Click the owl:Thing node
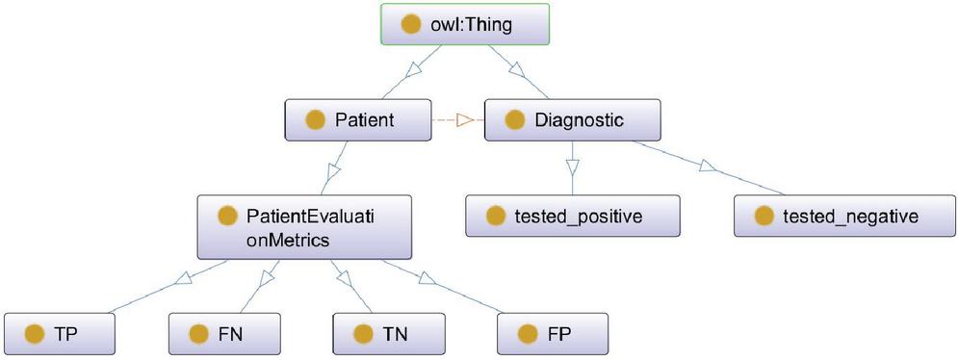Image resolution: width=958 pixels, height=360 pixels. tap(465, 24)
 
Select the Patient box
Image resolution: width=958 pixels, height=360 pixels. tap(358, 119)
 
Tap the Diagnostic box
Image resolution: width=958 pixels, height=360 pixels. tap(572, 119)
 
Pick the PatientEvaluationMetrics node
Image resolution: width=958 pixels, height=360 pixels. tap(304, 227)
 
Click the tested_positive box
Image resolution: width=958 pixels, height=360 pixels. tap(573, 216)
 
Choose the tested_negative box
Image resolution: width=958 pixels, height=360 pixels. tap(844, 216)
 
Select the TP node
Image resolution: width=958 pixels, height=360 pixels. tap(60, 334)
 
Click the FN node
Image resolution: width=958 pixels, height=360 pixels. tap(224, 334)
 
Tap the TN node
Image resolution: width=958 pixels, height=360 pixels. tap(389, 334)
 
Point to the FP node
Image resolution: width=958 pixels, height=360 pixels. tap(553, 334)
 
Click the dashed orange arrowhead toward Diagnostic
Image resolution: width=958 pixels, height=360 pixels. tap(466, 119)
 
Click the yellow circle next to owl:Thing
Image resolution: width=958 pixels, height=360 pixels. tap(411, 24)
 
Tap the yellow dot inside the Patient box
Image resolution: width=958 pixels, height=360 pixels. tap(315, 120)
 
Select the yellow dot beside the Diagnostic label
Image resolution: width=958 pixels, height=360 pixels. tap(515, 120)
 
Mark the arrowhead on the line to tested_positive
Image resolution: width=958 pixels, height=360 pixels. tap(572, 167)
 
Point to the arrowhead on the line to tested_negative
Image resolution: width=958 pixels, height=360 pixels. tap(708, 166)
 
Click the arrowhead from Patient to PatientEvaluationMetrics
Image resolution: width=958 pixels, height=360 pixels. tap(332, 171)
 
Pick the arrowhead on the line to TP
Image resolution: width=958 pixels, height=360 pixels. tap(184, 279)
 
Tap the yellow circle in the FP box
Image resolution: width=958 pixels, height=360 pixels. tap(528, 334)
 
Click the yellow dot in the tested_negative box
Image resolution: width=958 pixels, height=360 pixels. tap(764, 217)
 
